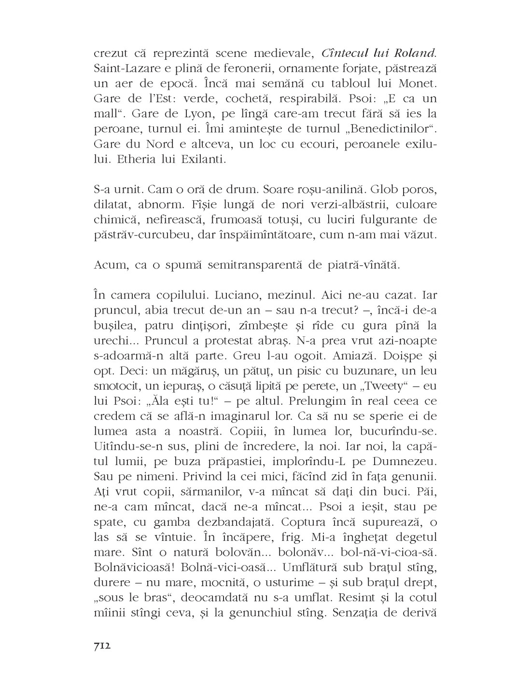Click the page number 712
(101, 645)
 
